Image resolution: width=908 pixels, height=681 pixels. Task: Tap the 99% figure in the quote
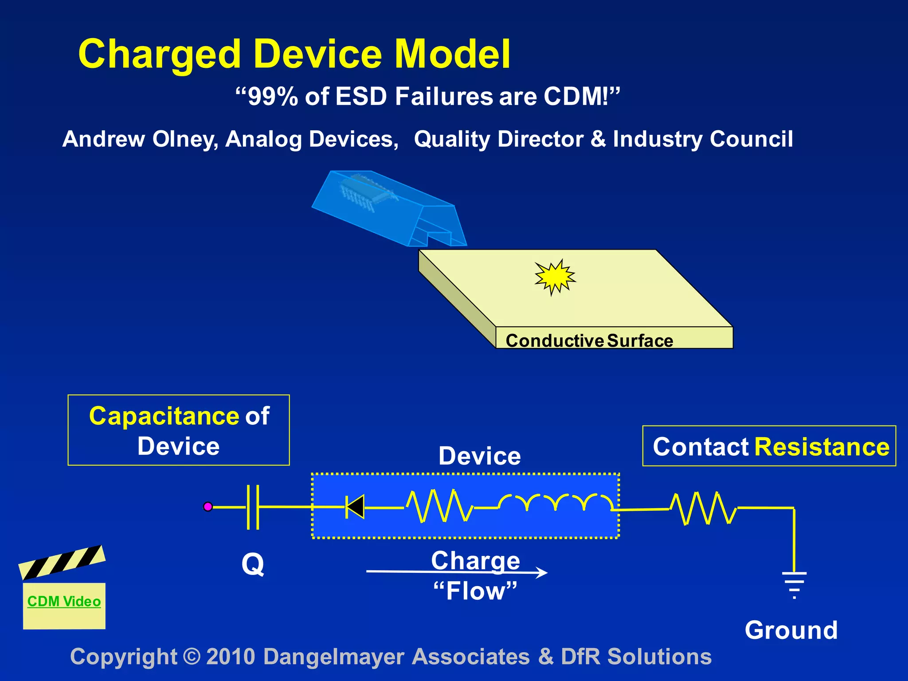272,97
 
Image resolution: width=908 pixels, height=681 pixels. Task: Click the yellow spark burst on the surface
554,277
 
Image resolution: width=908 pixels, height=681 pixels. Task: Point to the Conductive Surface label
589,340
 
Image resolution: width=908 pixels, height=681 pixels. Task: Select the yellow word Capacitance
164,416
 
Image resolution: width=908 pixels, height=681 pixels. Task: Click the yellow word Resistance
822,446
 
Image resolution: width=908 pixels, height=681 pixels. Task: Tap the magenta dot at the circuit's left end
208,506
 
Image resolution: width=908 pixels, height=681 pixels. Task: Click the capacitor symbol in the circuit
253,507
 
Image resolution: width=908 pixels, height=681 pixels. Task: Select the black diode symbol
355,507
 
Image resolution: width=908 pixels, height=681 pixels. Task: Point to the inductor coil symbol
556,503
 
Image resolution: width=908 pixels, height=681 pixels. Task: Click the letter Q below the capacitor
253,564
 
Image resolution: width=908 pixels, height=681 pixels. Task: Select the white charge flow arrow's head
541,572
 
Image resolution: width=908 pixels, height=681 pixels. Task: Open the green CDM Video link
64,602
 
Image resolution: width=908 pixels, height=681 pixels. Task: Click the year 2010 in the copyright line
231,657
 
